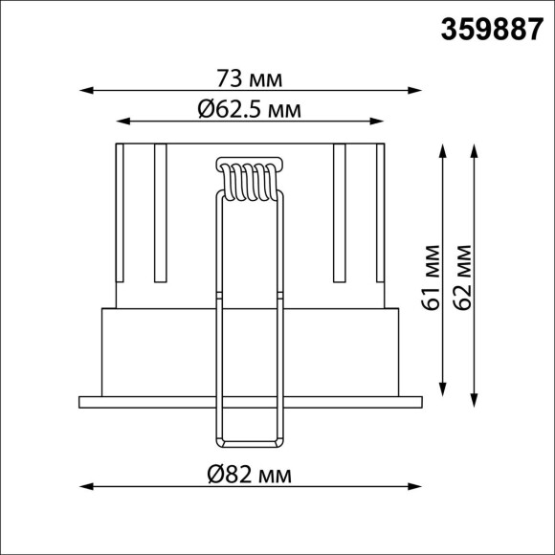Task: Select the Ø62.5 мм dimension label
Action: (251, 110)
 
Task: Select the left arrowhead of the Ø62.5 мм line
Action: (122, 122)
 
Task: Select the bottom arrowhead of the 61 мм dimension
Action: (442, 392)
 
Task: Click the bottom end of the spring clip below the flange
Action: (250, 445)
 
